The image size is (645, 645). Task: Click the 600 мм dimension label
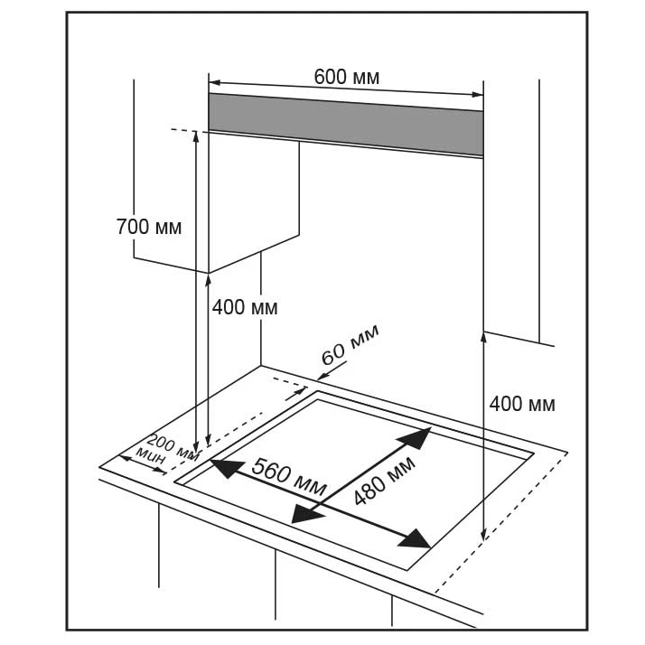(x=347, y=77)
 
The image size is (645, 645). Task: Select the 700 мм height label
(x=149, y=227)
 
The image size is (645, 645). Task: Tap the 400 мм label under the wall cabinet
(x=245, y=307)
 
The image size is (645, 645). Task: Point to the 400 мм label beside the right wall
(x=522, y=404)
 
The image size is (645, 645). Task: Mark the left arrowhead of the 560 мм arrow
(x=222, y=467)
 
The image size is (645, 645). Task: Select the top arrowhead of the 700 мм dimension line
(x=196, y=136)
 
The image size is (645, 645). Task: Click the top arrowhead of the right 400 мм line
(x=485, y=337)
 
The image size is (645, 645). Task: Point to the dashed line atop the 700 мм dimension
(x=182, y=131)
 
